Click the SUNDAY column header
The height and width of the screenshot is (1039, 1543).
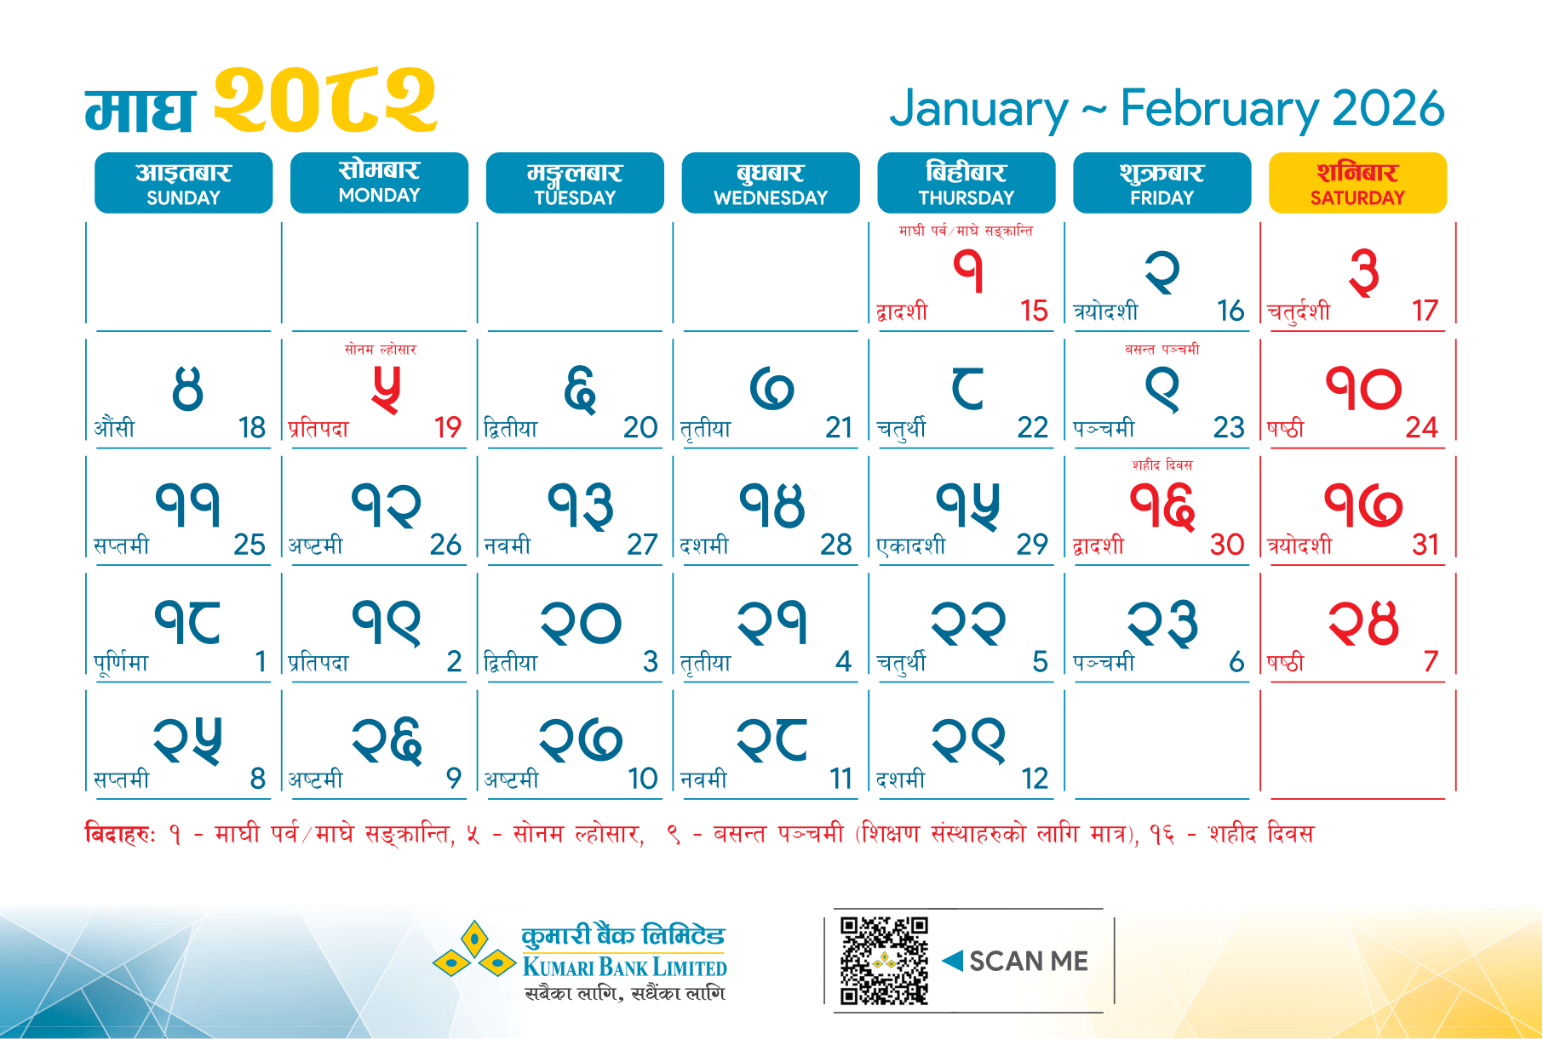click(x=183, y=183)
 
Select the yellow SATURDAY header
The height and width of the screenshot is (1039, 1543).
click(x=1357, y=183)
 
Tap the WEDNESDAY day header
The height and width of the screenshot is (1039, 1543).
click(x=771, y=183)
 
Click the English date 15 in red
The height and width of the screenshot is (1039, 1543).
click(x=1034, y=311)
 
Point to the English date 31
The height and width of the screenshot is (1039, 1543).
click(x=1425, y=545)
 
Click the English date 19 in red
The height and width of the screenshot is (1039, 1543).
click(x=448, y=427)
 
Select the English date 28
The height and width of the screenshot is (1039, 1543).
click(x=836, y=545)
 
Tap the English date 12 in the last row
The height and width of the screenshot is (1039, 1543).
click(x=1035, y=779)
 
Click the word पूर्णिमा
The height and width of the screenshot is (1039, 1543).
click(x=121, y=661)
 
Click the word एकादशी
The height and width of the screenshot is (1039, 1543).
click(x=911, y=545)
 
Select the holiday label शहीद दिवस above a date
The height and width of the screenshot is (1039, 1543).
click(x=1162, y=465)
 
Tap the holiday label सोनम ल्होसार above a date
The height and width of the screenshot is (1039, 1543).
click(x=381, y=349)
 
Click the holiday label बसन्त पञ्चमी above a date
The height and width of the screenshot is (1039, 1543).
click(x=1162, y=349)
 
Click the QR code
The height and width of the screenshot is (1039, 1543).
click(x=884, y=961)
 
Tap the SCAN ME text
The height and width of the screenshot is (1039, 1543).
click(x=1029, y=961)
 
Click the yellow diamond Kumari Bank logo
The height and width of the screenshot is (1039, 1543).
click(x=473, y=952)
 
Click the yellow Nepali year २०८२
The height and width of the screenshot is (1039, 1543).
click(x=324, y=101)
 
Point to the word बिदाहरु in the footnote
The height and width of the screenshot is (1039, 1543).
click(x=120, y=833)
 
